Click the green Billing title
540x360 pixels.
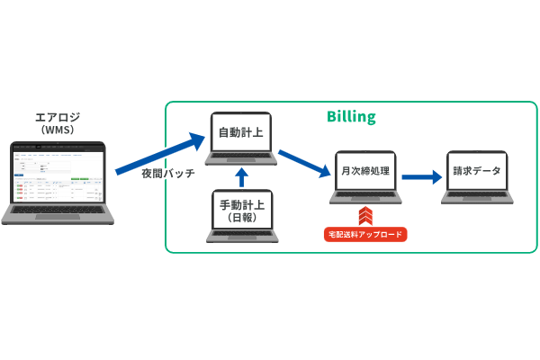coord(350,117)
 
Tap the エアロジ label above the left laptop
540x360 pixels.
coord(57,117)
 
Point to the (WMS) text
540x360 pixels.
coord(57,130)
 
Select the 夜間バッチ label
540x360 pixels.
coord(167,174)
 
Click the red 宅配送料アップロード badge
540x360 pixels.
coord(365,234)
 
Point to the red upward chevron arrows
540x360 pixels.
coord(365,216)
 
